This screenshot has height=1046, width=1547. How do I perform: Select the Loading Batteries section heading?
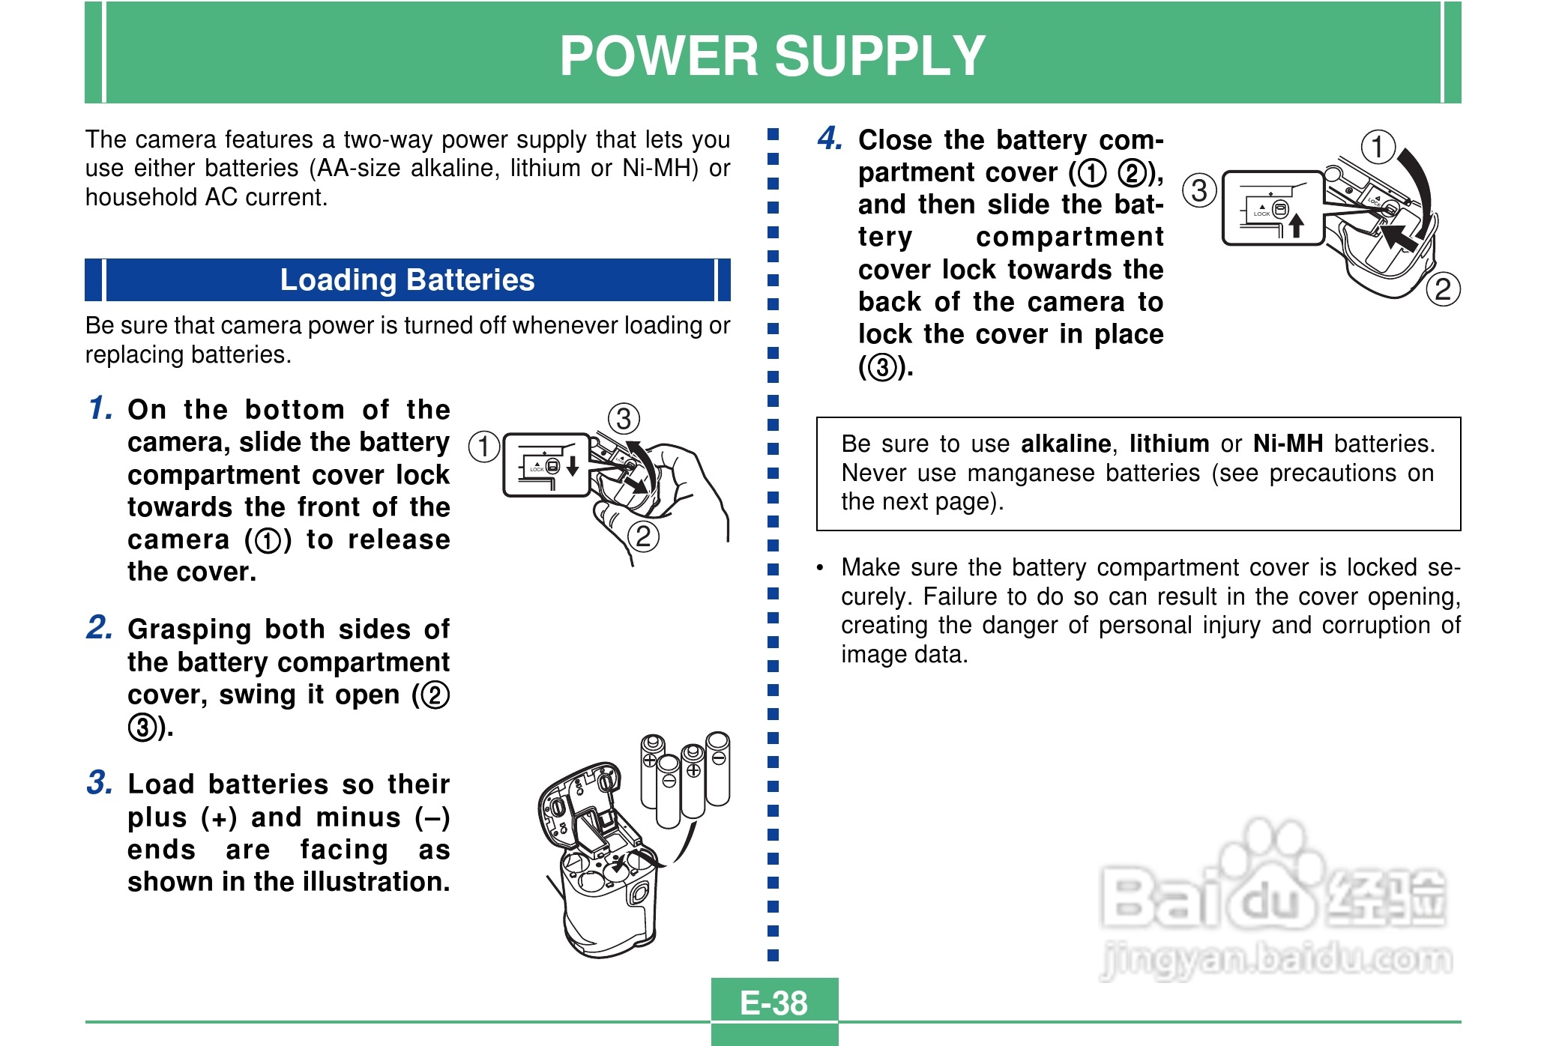[407, 279]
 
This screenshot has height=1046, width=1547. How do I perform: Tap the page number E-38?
[773, 1003]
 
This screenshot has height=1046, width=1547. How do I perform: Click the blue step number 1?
[100, 408]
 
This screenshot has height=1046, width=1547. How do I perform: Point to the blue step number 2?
[100, 627]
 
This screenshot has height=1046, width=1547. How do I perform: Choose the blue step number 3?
[100, 782]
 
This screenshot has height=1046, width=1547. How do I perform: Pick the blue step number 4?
[830, 138]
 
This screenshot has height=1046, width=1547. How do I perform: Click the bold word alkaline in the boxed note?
[1066, 444]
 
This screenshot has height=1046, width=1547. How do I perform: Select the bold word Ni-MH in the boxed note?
[1288, 444]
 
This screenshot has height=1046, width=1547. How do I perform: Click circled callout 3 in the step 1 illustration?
[623, 418]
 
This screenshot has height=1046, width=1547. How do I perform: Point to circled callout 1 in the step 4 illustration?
[1378, 146]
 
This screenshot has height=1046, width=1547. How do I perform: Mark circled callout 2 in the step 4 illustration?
[1443, 289]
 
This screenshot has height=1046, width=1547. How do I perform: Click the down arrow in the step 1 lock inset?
[573, 465]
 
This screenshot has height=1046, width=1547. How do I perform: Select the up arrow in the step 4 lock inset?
[1297, 225]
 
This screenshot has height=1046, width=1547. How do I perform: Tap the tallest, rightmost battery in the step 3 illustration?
[718, 768]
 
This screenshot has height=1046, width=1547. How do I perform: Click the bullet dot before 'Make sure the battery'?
[821, 568]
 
